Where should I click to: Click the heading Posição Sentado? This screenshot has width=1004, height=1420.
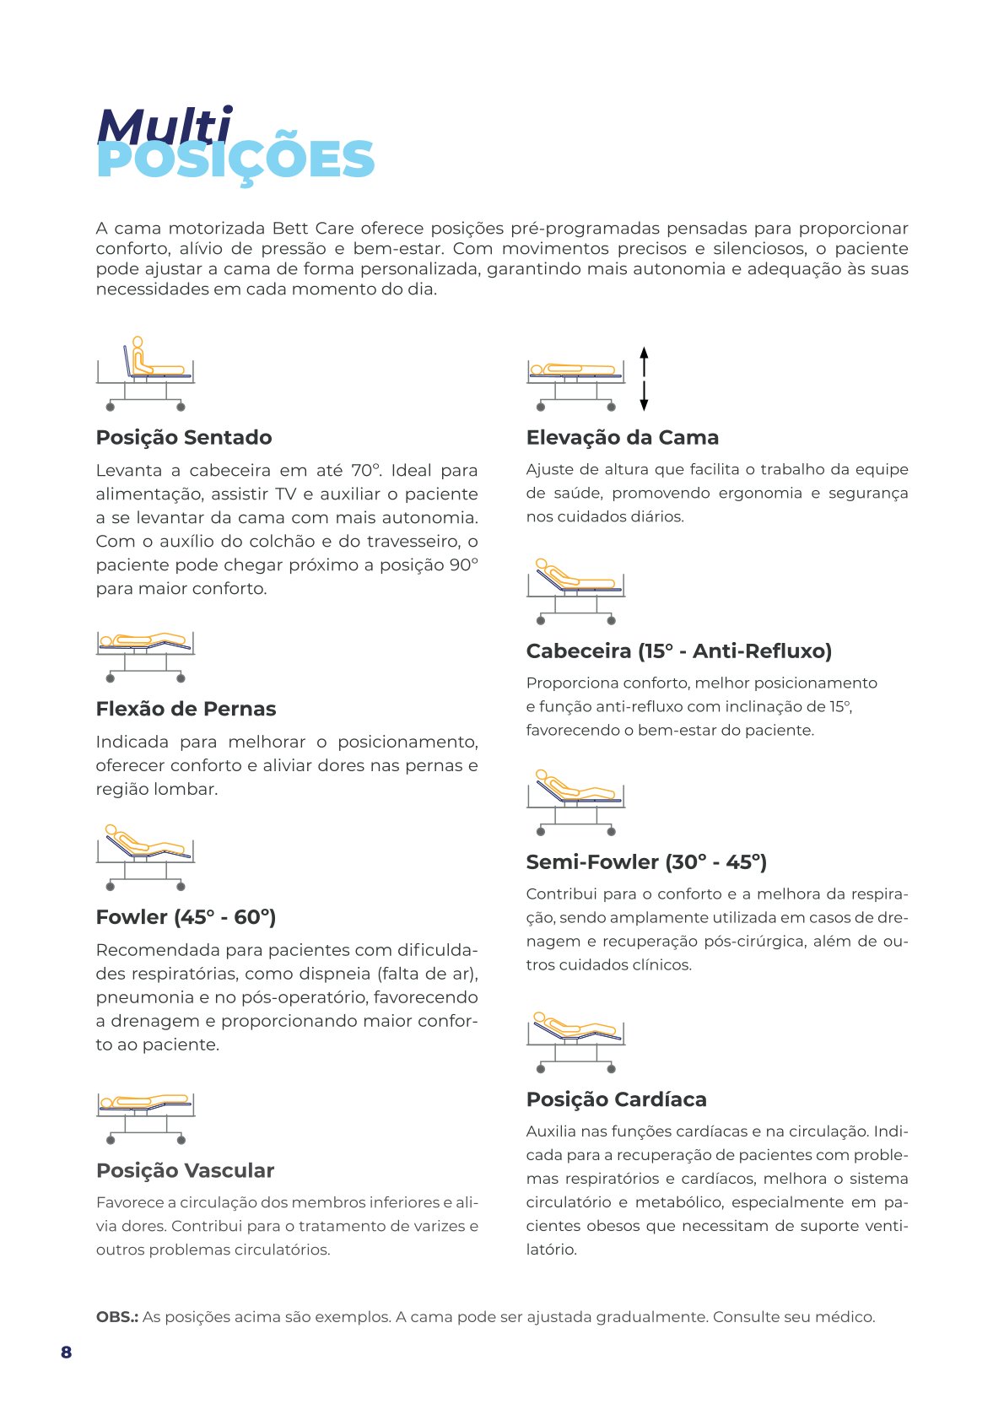184,437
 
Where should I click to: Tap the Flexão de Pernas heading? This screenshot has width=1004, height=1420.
186,709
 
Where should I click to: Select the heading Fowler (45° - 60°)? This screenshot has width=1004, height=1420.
186,917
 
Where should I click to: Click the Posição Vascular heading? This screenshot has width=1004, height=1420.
185,1170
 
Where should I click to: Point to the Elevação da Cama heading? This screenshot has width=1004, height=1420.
622,437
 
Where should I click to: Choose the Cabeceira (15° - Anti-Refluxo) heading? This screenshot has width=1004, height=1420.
678,651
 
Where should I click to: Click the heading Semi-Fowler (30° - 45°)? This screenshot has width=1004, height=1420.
646,861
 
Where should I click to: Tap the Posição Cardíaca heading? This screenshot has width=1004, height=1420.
616,1099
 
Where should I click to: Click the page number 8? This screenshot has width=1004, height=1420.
66,1352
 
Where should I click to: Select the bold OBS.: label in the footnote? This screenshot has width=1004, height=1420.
116,1316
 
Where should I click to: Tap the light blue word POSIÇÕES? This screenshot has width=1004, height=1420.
235,160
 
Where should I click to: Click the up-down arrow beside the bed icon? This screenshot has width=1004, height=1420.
644,378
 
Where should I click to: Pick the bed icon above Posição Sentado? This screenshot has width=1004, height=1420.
145,374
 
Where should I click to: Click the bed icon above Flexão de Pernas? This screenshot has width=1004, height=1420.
145,656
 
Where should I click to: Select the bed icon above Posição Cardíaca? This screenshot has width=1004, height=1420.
575,1042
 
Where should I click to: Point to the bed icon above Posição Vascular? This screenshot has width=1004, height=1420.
145,1115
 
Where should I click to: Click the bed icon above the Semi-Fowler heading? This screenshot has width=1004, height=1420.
575,802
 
